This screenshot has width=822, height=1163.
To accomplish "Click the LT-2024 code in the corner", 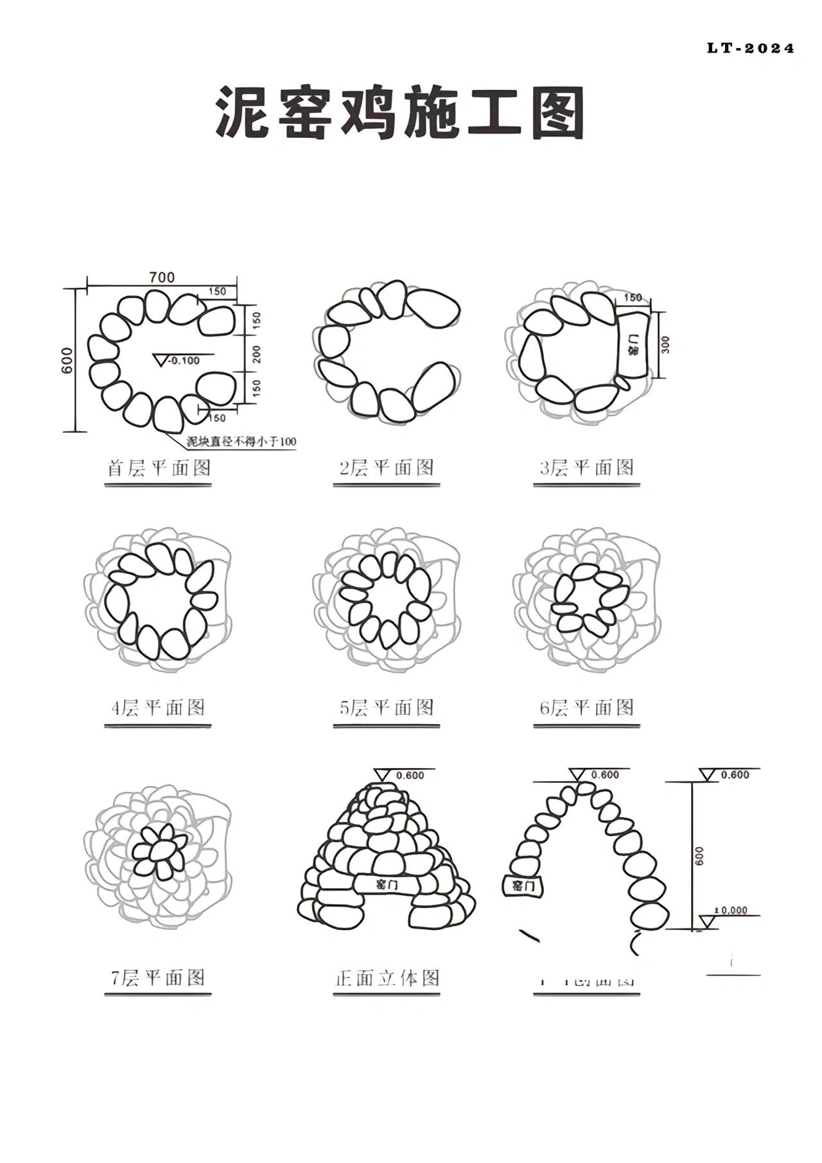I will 750,48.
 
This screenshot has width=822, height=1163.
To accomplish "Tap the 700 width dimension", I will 162,277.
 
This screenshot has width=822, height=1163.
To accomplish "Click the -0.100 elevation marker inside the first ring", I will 183,360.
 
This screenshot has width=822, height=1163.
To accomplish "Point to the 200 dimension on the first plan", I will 256,354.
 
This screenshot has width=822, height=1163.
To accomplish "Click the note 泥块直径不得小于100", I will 241,441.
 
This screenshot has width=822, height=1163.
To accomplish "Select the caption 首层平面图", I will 158,468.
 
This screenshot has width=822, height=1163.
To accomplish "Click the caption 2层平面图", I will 387,468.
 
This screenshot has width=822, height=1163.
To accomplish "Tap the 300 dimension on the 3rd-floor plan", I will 665,345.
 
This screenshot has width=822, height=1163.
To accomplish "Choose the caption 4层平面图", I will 158,708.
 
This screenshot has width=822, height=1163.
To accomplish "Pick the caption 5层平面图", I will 387,708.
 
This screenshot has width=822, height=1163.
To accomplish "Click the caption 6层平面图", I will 586,708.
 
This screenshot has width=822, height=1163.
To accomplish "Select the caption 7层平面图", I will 158,977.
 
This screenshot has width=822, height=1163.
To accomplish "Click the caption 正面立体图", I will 387,978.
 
